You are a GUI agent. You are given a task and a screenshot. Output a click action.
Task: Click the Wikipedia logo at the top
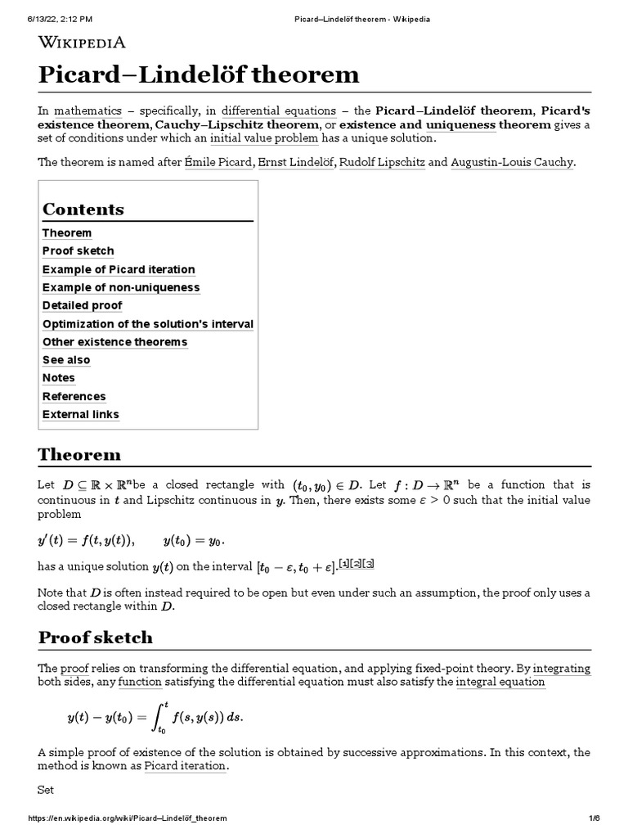point(82,43)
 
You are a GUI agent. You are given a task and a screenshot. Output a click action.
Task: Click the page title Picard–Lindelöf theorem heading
point(199,75)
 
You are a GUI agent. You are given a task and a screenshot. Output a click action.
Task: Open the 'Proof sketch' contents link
point(78,251)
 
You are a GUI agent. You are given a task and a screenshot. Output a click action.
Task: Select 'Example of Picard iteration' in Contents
point(119,269)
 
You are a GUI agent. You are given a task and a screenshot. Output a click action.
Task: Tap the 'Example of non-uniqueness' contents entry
point(121,287)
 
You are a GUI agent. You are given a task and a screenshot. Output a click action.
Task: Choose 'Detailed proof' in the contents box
point(83,305)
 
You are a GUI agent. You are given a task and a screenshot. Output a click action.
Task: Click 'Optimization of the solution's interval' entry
point(148,324)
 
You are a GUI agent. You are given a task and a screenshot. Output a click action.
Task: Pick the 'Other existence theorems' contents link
point(114,342)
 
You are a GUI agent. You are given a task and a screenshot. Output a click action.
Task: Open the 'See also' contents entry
point(66,360)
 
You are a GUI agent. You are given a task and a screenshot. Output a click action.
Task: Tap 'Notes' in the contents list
point(59,378)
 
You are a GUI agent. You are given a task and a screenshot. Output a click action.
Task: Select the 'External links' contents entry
point(81,414)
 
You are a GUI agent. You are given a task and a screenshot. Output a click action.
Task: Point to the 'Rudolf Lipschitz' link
point(382,162)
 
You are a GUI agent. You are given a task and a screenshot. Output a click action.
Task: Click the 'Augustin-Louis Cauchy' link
point(513,162)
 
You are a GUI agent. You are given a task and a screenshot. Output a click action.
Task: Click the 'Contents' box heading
point(83,209)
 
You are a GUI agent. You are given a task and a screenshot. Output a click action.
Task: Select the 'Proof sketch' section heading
point(95,638)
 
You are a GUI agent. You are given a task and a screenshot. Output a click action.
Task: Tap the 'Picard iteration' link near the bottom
point(185,767)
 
